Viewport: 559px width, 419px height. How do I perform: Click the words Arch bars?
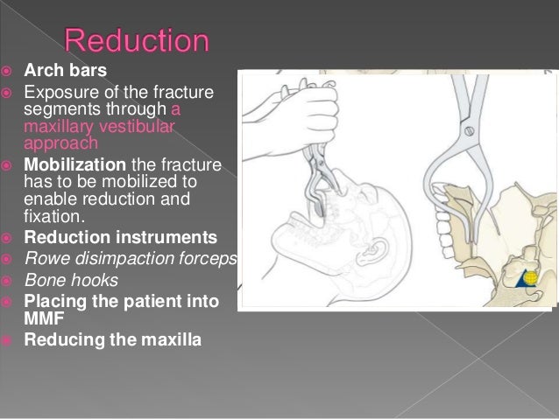58,70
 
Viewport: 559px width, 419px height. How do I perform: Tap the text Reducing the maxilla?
112,338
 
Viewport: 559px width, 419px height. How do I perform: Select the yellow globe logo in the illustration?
530,278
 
